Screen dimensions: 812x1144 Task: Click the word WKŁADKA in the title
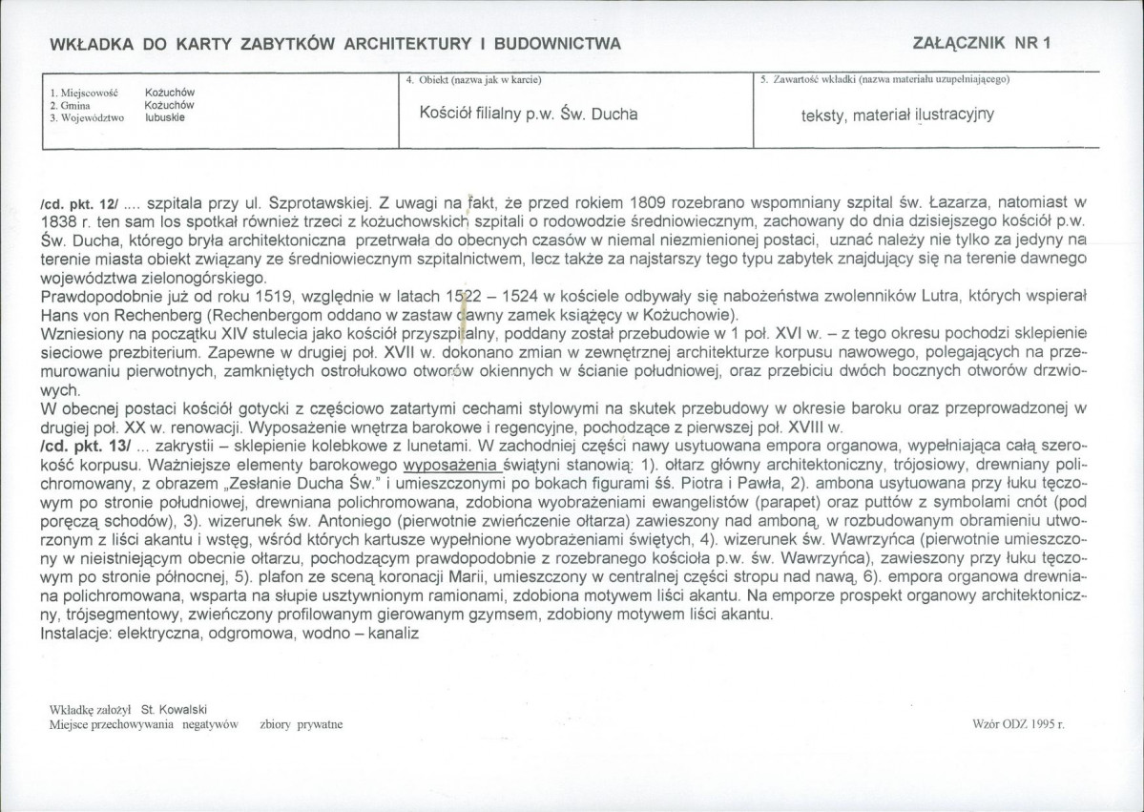[x=88, y=43]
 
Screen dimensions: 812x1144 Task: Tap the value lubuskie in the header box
[x=165, y=117]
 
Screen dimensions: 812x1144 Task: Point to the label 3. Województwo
[x=87, y=118]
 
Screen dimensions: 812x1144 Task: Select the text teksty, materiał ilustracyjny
[x=898, y=115]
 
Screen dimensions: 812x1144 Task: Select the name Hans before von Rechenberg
[x=60, y=314]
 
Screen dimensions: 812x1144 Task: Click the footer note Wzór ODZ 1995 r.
[x=1019, y=725]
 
